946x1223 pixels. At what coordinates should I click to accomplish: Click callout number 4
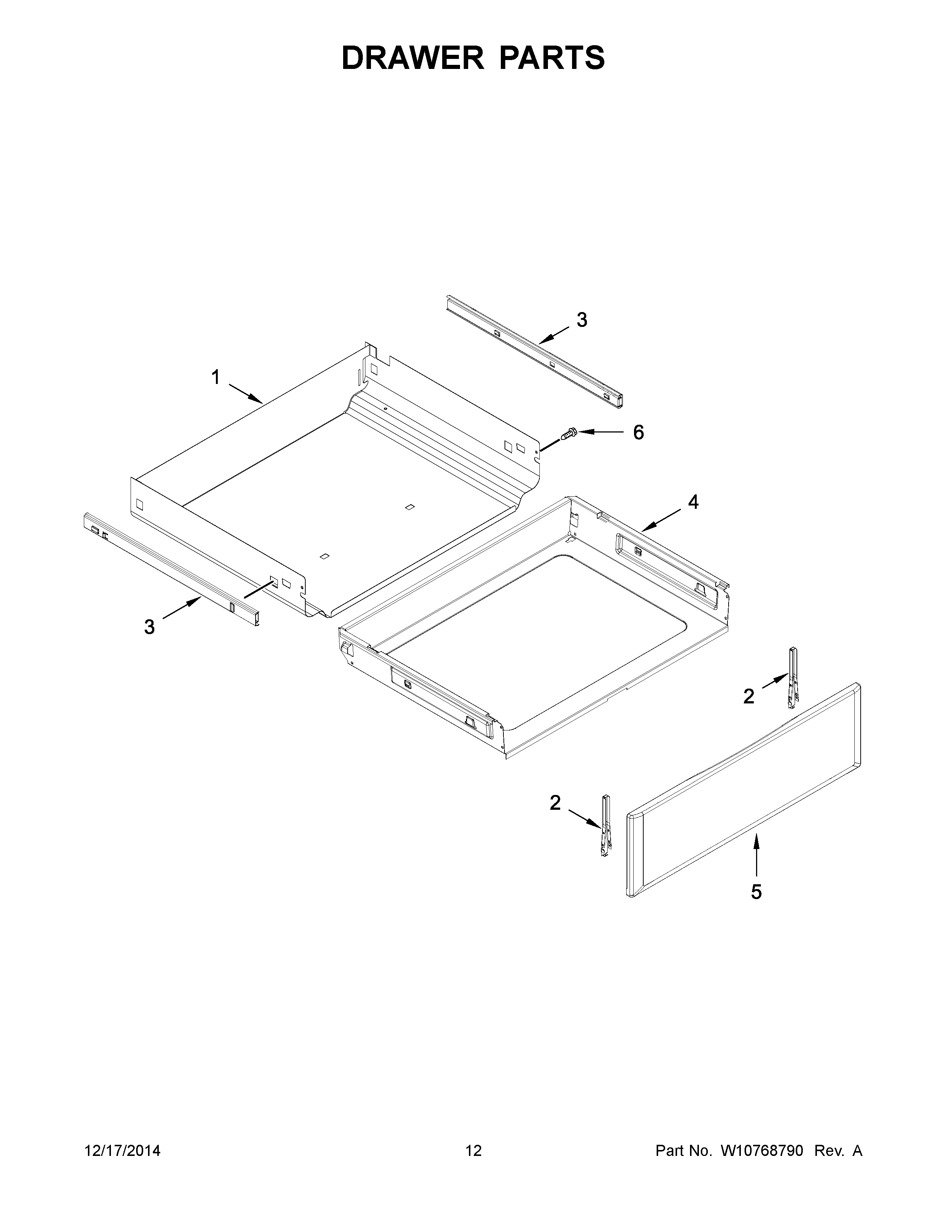tap(693, 502)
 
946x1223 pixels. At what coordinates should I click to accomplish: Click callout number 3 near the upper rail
tap(582, 320)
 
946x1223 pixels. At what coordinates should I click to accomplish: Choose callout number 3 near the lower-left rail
tap(149, 627)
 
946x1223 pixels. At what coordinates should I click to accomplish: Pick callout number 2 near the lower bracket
tap(555, 803)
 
